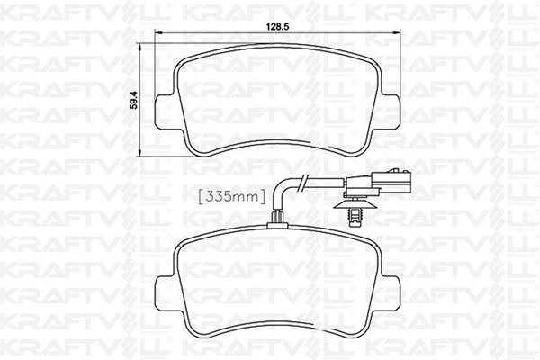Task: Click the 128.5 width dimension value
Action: (278, 27)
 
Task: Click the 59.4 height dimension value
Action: (135, 100)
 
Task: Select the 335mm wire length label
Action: (232, 196)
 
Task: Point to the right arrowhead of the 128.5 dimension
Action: (398, 33)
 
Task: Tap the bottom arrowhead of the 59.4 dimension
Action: (139, 152)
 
